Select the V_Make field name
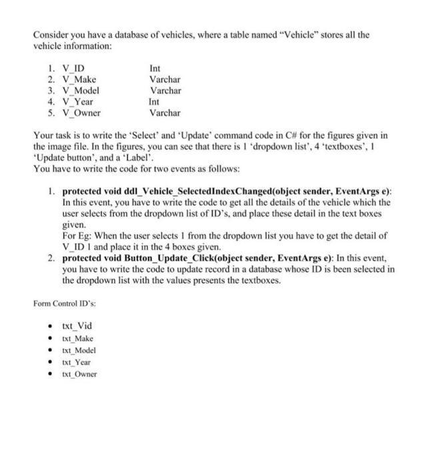coord(78,79)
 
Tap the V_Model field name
coord(80,91)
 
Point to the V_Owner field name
coord(81,113)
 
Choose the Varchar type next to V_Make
coord(165,79)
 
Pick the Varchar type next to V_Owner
coord(165,113)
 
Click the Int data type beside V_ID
coord(155,68)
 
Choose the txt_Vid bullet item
coord(77,326)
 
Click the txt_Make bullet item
coord(77,338)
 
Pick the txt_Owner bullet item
coord(79,374)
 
